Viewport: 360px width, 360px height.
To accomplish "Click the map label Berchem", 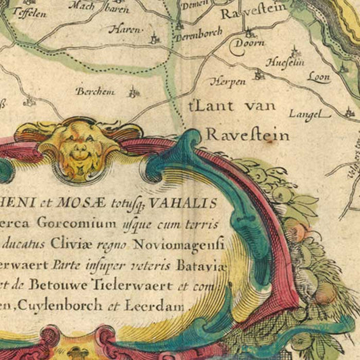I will (92, 91).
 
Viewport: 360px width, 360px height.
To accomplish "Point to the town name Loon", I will (319, 77).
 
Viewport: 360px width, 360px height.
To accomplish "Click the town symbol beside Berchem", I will (132, 92).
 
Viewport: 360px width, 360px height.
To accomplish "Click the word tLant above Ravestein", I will (201, 107).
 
